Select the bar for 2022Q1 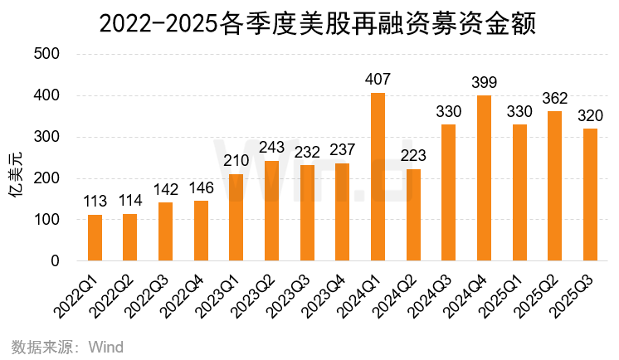coord(95,238)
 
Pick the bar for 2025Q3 coord(590,195)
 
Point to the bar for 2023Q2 coord(271,211)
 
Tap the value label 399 coord(484,84)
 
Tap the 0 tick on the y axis coord(56,261)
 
